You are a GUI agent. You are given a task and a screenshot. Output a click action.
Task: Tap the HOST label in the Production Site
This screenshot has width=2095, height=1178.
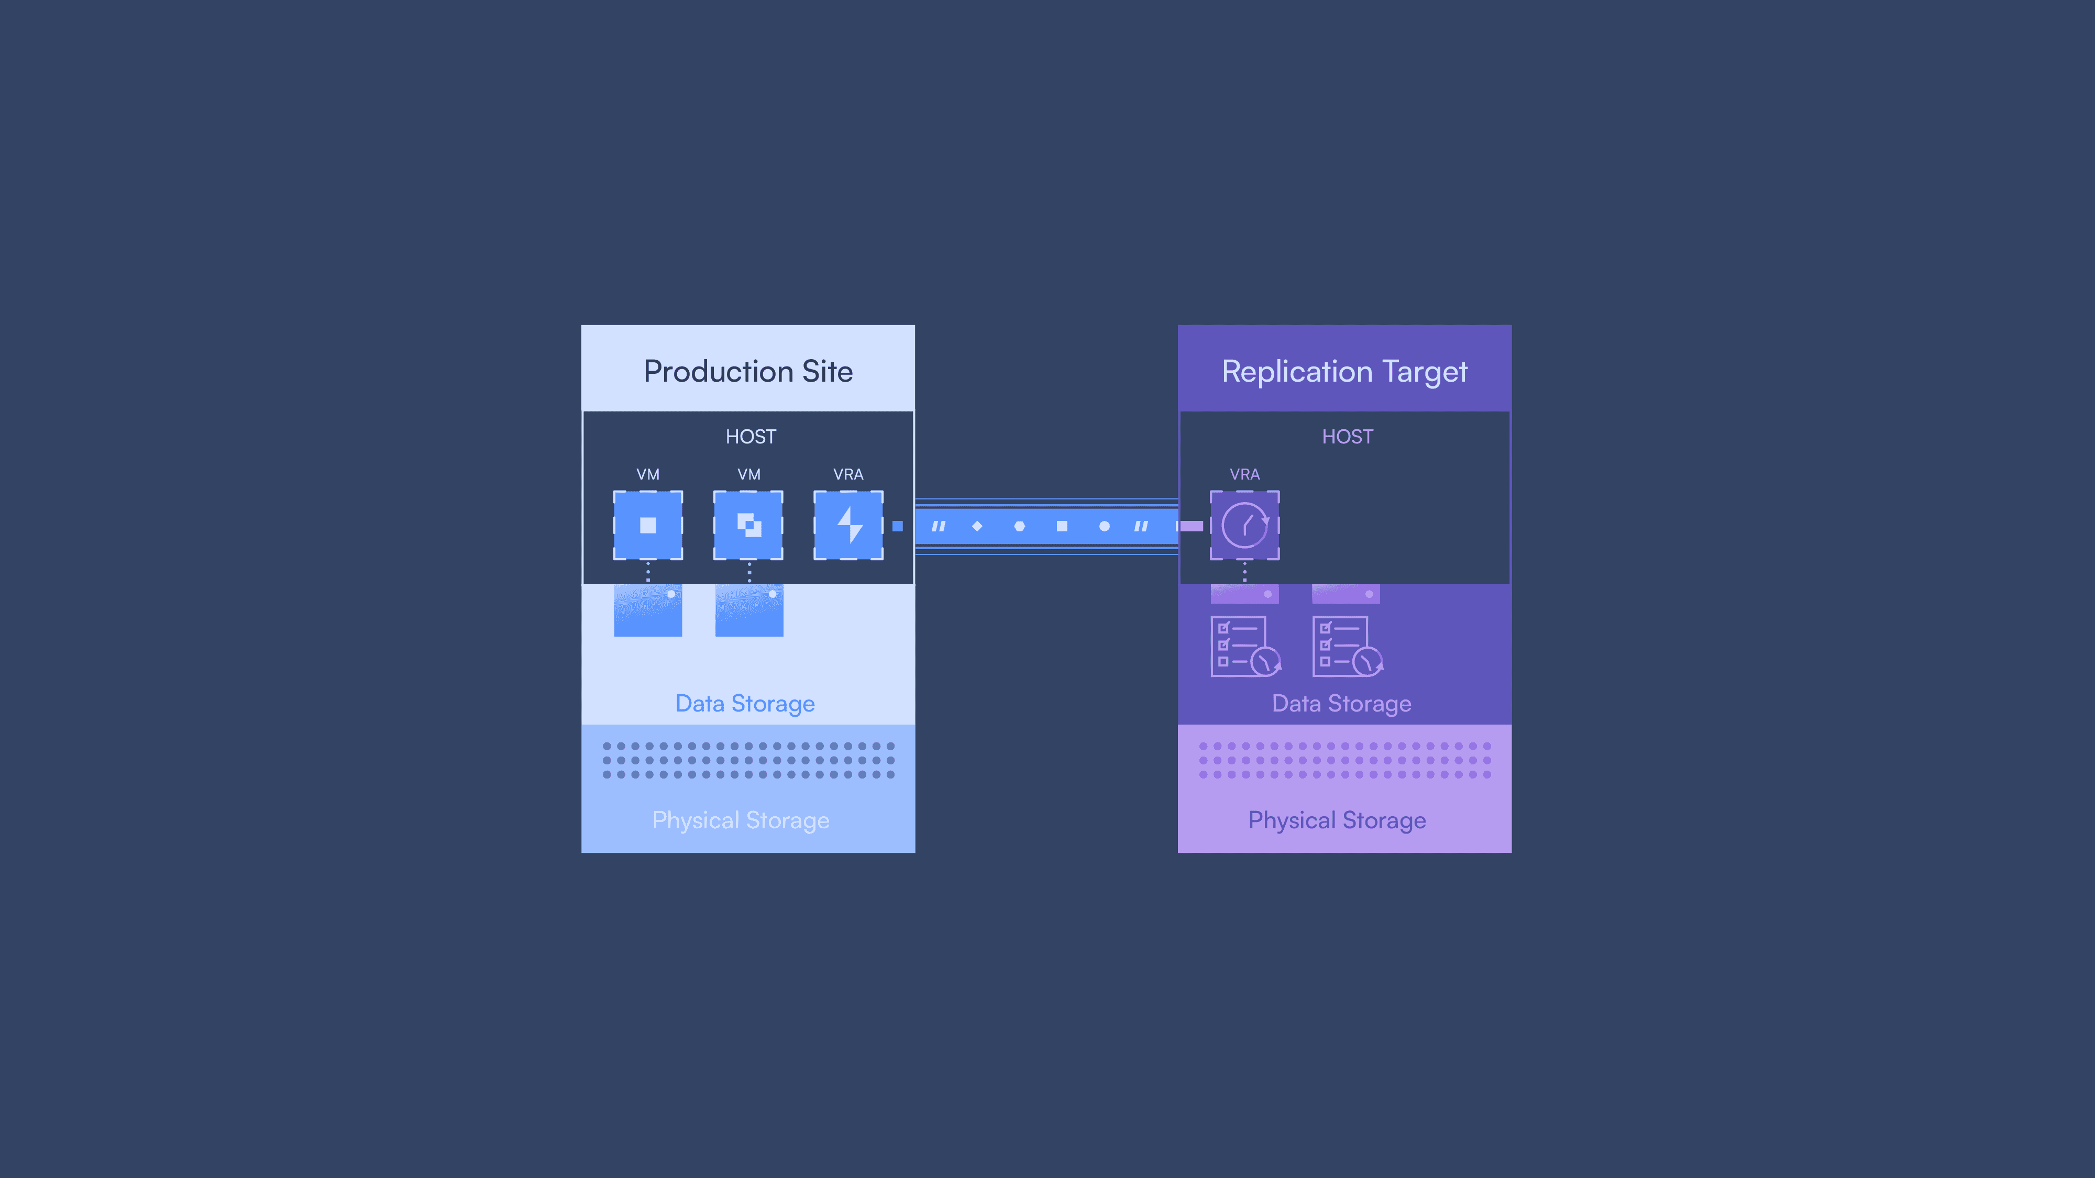pos(751,437)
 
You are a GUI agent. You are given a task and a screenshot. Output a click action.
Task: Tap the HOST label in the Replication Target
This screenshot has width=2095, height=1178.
pos(1347,437)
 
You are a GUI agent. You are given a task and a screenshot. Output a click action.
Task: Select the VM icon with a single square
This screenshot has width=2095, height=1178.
pos(647,525)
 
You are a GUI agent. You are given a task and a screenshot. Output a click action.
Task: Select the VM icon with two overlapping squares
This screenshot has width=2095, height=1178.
pos(748,525)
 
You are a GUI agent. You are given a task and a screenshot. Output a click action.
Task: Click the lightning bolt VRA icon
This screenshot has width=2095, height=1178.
pos(848,525)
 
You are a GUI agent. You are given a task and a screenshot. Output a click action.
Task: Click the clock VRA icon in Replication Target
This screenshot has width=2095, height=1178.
pos(1244,525)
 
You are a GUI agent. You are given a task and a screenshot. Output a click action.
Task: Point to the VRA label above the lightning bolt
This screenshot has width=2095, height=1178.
pos(848,474)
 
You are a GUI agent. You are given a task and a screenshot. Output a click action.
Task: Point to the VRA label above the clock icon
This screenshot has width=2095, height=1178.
pos(1244,474)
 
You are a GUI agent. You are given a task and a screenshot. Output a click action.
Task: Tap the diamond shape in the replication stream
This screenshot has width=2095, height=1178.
pos(977,526)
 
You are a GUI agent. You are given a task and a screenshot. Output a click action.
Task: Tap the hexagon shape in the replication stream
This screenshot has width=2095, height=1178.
pos(1019,526)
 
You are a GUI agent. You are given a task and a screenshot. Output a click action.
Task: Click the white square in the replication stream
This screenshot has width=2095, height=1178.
pos(1061,526)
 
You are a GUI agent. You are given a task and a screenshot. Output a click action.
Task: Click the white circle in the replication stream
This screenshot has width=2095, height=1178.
pos(1104,526)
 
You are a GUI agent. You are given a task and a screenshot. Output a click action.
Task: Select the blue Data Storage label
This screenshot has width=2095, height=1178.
pos(744,703)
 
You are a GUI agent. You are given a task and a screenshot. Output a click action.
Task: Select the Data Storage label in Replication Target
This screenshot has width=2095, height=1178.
pos(1341,703)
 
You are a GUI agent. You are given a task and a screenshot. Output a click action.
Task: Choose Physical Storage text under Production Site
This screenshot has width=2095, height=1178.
pos(740,820)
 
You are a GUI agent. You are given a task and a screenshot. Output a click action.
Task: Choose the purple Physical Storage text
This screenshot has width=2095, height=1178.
pos(1336,820)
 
